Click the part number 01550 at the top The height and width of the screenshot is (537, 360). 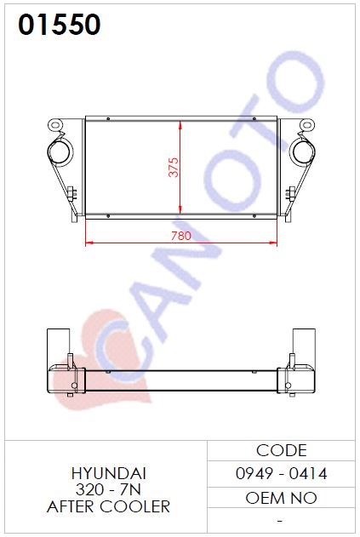(60, 25)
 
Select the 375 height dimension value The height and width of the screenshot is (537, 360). (174, 167)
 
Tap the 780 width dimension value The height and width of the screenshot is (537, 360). (181, 236)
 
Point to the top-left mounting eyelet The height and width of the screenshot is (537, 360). (55, 124)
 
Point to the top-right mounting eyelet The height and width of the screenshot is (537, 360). (307, 124)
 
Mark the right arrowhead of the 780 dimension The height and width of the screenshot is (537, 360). (273, 243)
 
